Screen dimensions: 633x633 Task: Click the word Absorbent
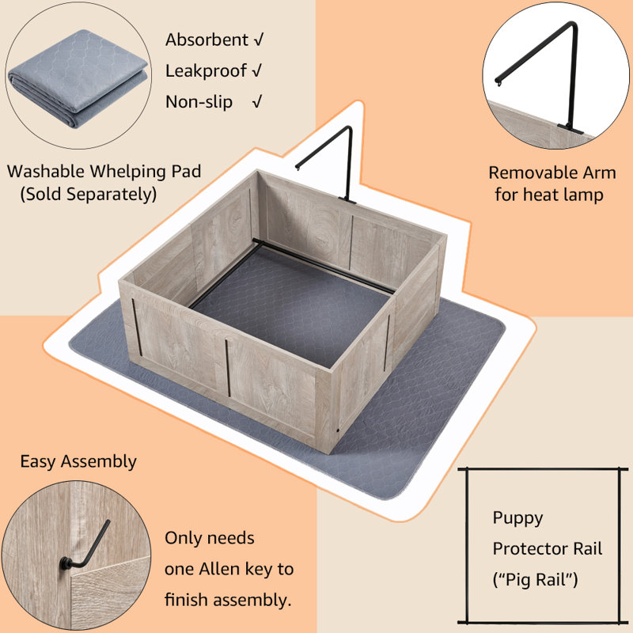[x=206, y=40]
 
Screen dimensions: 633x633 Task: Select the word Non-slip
[x=199, y=102]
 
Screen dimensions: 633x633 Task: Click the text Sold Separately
[x=88, y=194]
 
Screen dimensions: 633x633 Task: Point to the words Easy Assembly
[x=78, y=461]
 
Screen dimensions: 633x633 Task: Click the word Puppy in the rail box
[x=517, y=518]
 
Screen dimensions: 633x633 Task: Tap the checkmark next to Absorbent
[x=256, y=40]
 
